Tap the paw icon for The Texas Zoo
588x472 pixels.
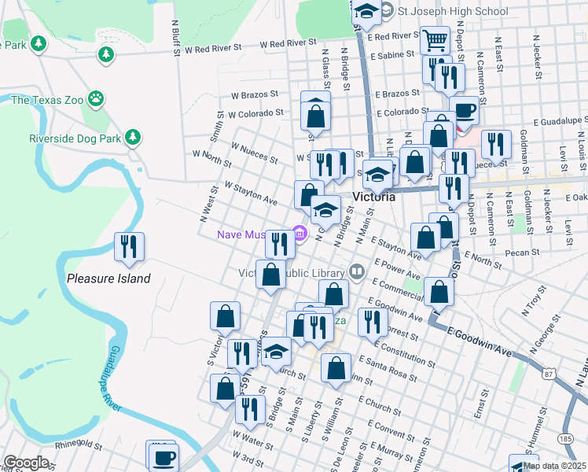pyautogui.click(x=96, y=99)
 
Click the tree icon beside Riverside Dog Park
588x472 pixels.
pyautogui.click(x=134, y=138)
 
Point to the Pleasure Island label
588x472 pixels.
pyautogui.click(x=108, y=278)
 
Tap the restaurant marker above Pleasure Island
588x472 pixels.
pyautogui.click(x=128, y=245)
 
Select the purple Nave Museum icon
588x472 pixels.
pyautogui.click(x=299, y=232)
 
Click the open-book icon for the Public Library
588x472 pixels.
pyautogui.click(x=358, y=272)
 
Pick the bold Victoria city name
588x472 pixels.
pyautogui.click(x=373, y=197)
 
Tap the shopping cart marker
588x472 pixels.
pyautogui.click(x=434, y=39)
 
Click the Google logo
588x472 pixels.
pyautogui.click(x=26, y=463)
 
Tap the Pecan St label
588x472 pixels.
pyautogui.click(x=523, y=253)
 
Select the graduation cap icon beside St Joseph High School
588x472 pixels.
pyautogui.click(x=366, y=11)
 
